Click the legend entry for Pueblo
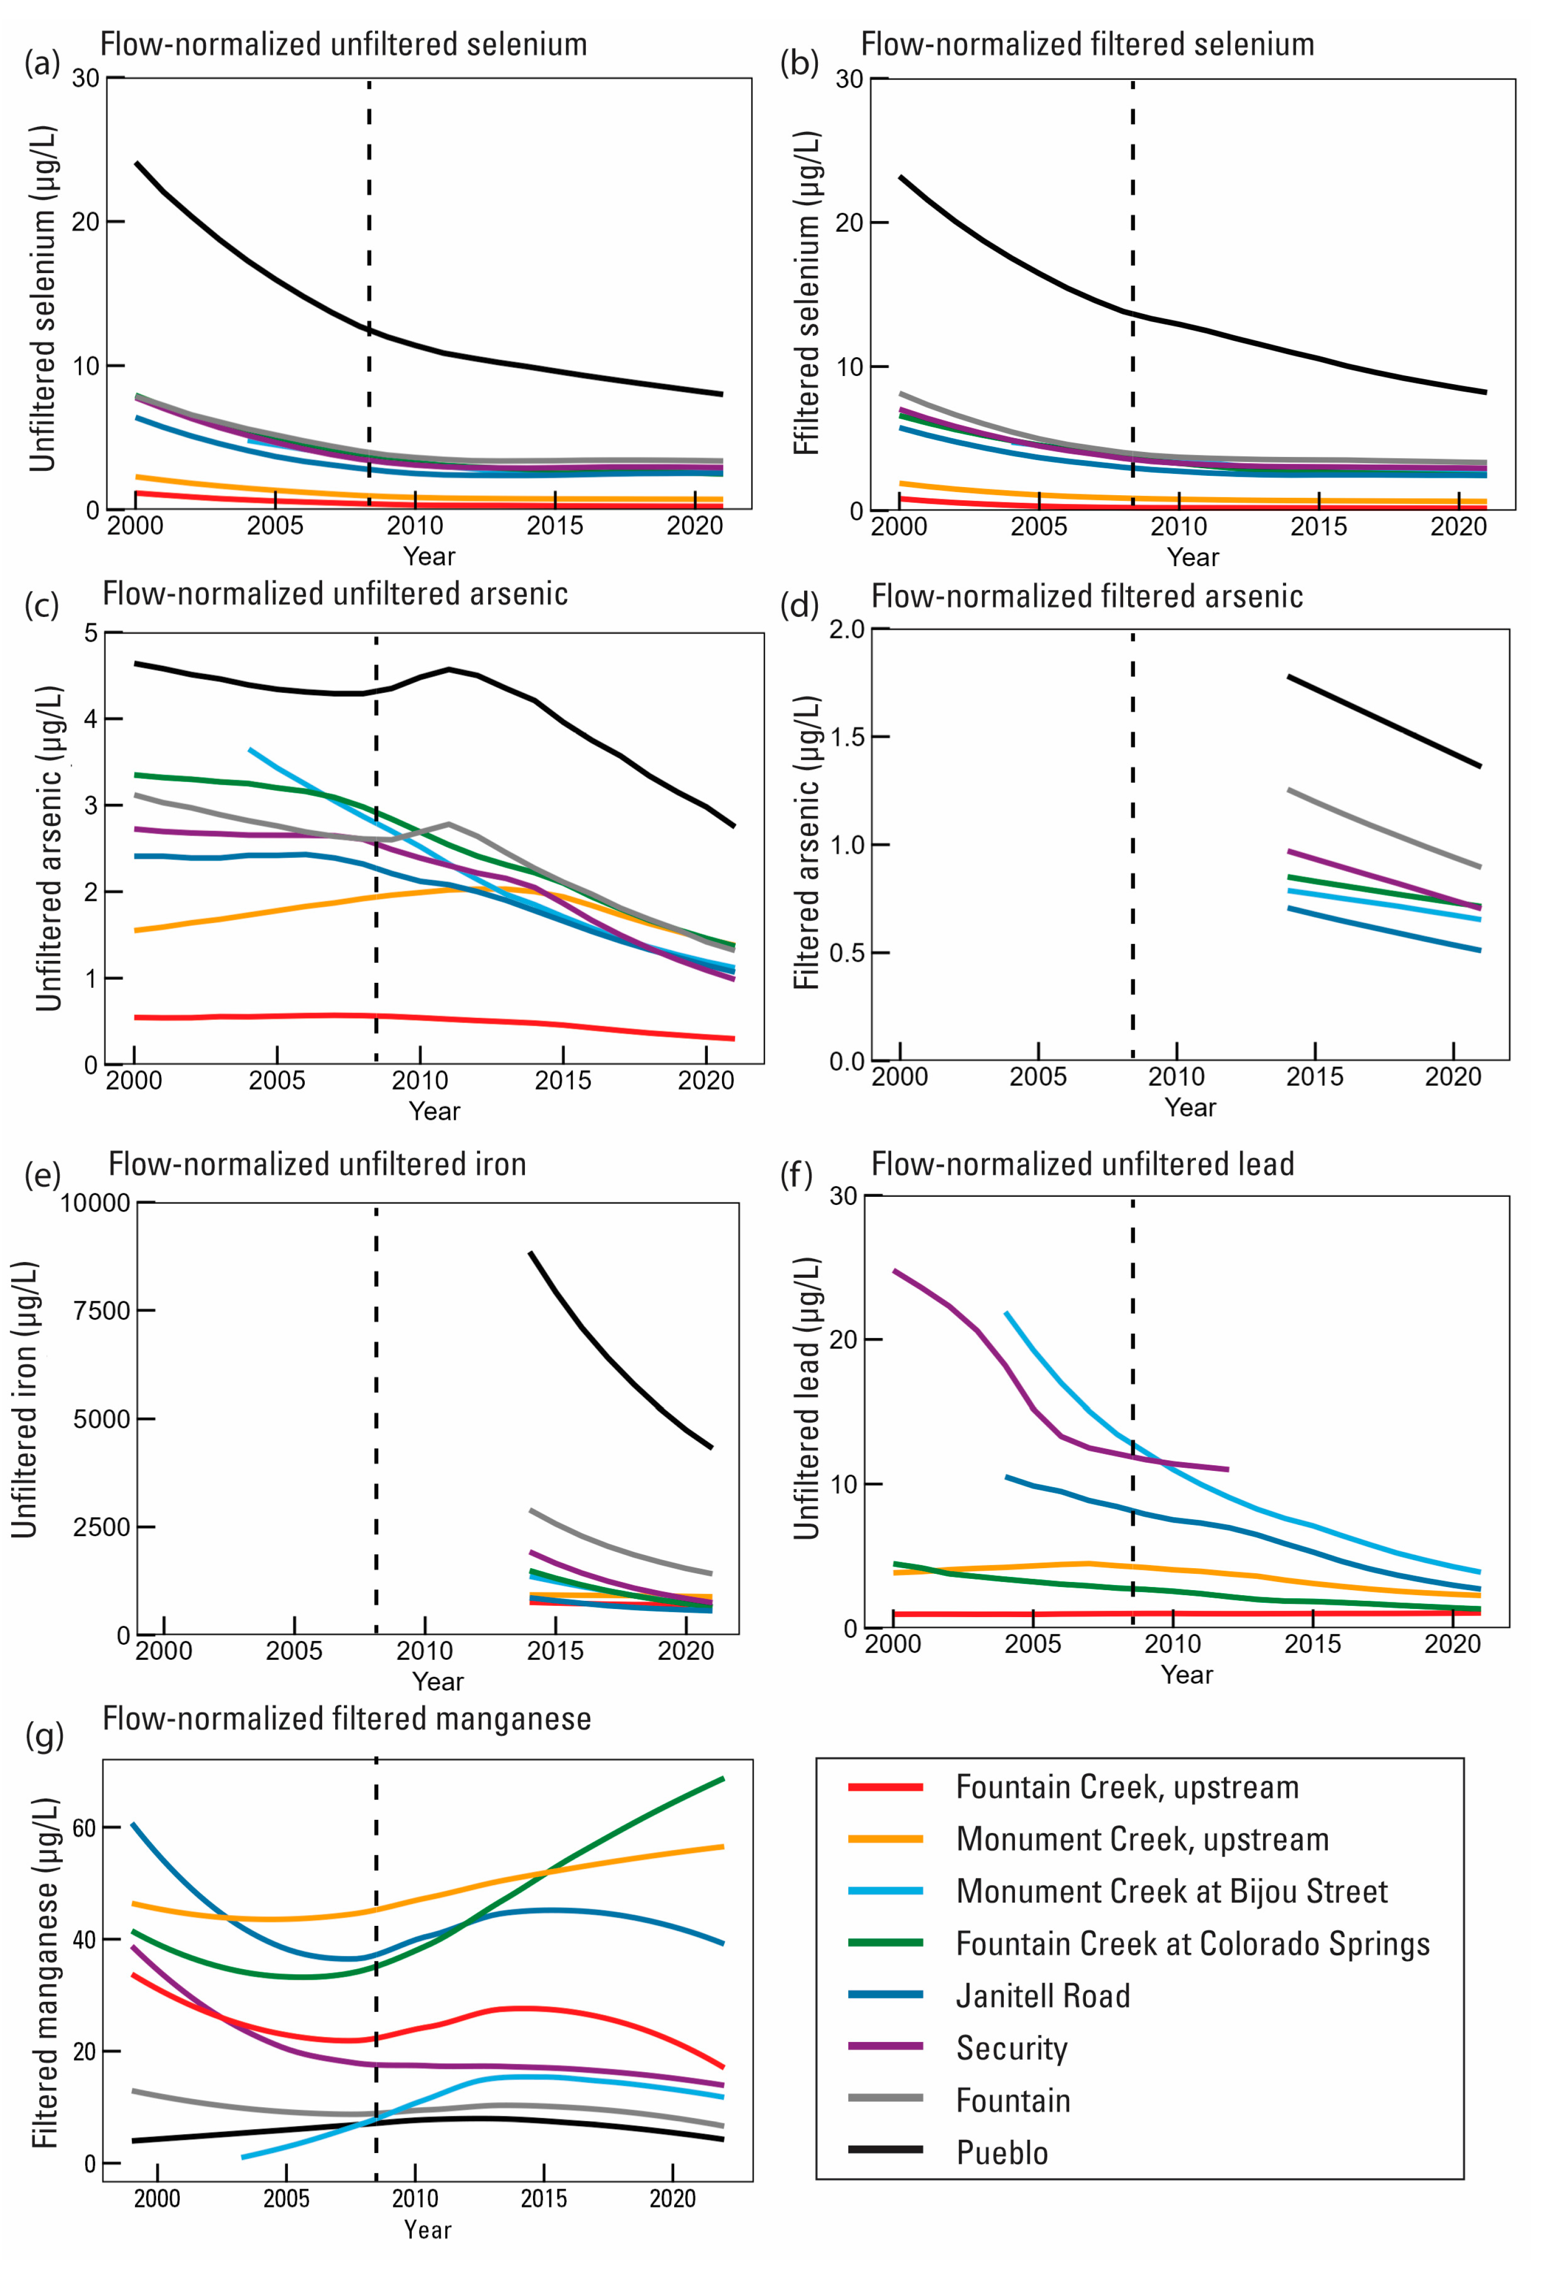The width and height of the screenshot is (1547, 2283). [x=1002, y=2153]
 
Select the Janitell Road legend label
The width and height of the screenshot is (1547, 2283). [x=1043, y=1995]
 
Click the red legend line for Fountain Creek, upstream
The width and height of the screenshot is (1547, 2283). [x=885, y=1787]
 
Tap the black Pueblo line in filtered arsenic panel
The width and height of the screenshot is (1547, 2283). [x=1385, y=722]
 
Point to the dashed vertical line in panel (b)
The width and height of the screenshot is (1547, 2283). [x=1133, y=246]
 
